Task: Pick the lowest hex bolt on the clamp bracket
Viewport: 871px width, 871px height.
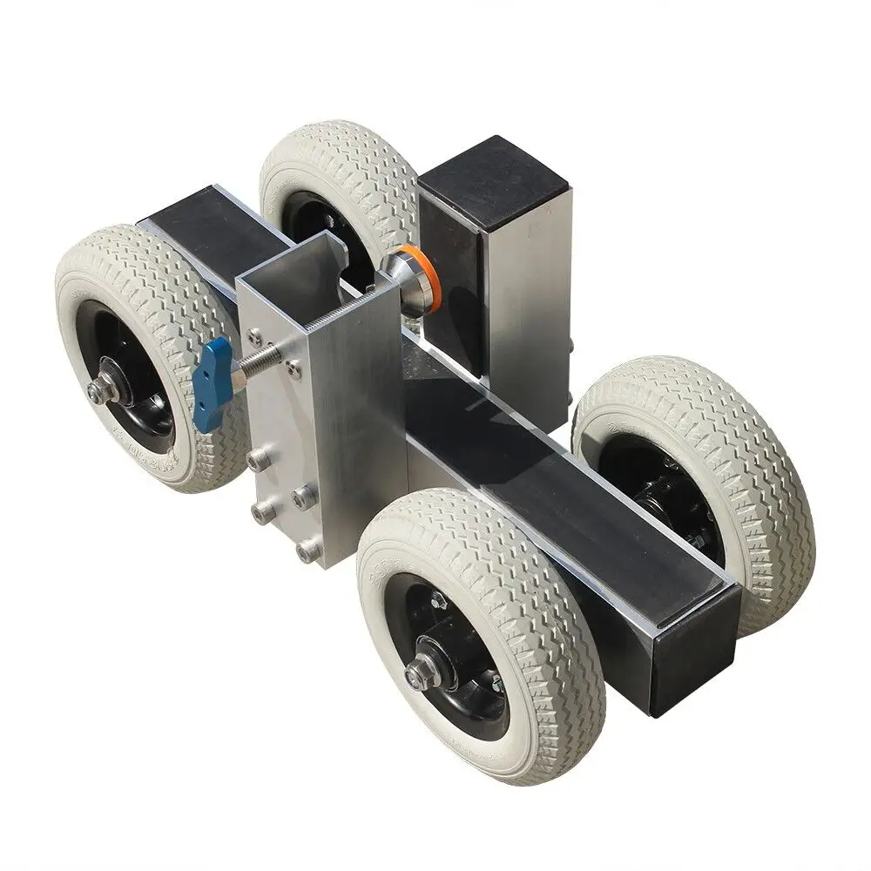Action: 306,551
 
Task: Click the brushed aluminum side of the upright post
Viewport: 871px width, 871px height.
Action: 527,287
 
